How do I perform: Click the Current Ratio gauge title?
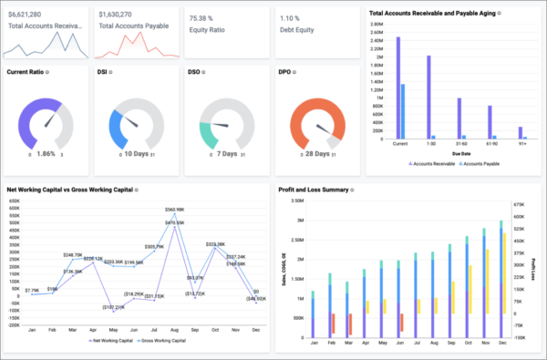[25, 71]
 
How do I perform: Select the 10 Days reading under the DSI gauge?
[139, 154]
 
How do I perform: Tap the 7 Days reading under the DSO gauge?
[227, 154]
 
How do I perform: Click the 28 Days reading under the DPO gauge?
[317, 154]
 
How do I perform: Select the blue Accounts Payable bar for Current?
[403, 112]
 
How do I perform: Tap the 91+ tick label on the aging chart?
[522, 143]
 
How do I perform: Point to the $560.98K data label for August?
[175, 210]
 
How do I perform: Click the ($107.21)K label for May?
[113, 307]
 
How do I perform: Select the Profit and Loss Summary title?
[315, 190]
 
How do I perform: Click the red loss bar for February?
[335, 324]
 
